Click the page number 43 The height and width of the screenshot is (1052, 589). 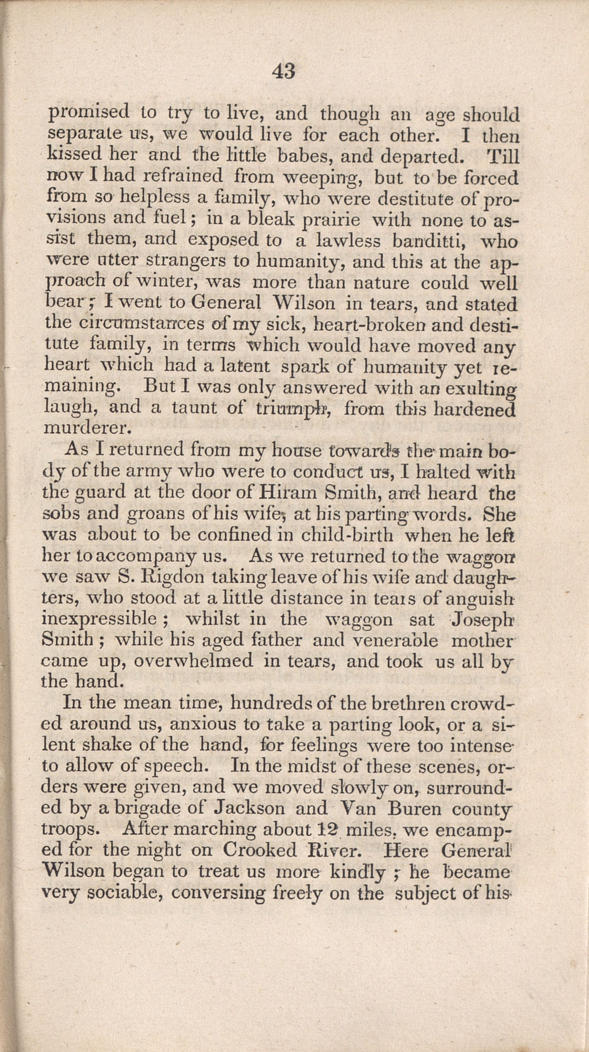tap(284, 70)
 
